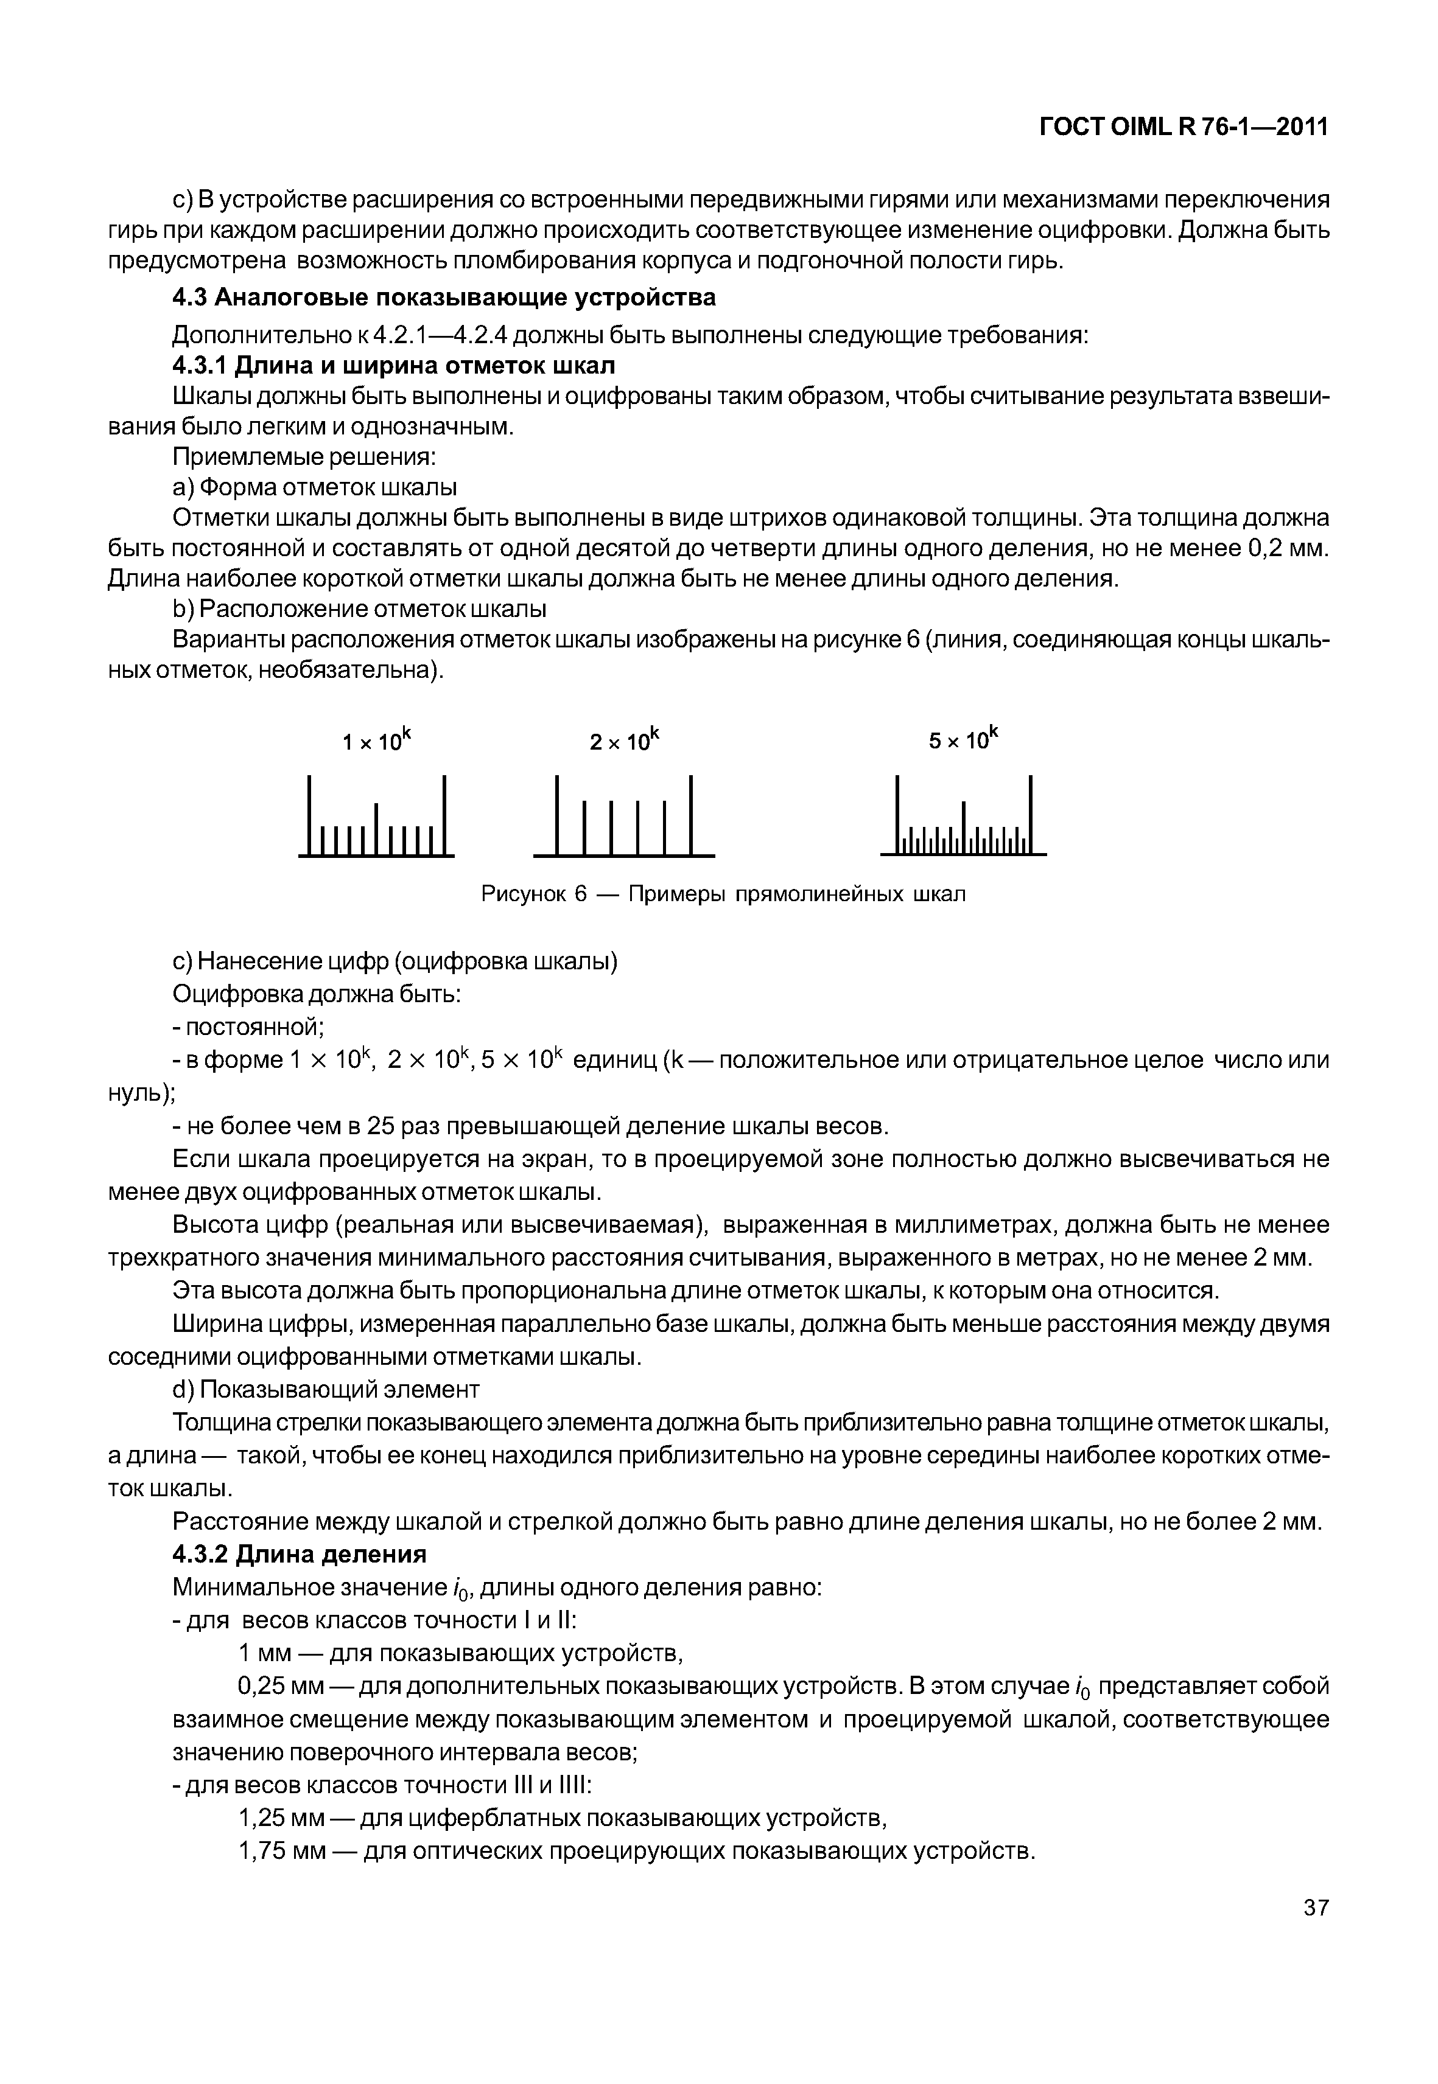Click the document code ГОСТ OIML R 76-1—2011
coord(1184,127)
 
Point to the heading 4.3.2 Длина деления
coord(299,1555)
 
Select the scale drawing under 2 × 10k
coord(623,817)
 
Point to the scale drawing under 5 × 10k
coord(963,817)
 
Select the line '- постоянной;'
coord(248,1026)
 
